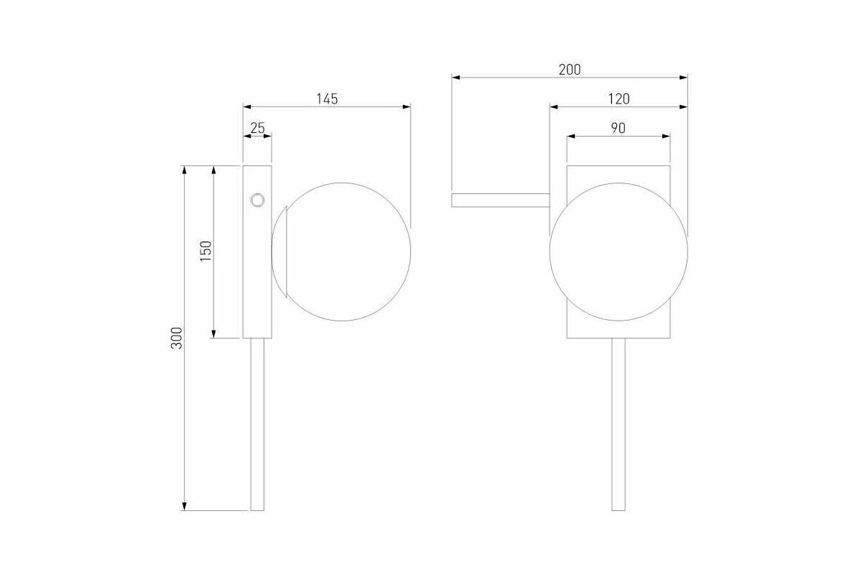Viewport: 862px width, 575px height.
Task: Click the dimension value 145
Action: click(327, 99)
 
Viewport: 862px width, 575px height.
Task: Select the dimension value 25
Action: click(257, 128)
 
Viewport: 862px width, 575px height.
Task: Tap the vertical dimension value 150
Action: click(206, 251)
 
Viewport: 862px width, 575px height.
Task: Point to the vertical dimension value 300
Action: click(176, 338)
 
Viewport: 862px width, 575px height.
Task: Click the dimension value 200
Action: click(570, 70)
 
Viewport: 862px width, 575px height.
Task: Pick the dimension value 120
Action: click(618, 99)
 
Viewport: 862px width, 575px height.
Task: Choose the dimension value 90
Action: click(618, 128)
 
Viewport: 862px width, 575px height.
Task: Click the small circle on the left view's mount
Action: click(257, 201)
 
